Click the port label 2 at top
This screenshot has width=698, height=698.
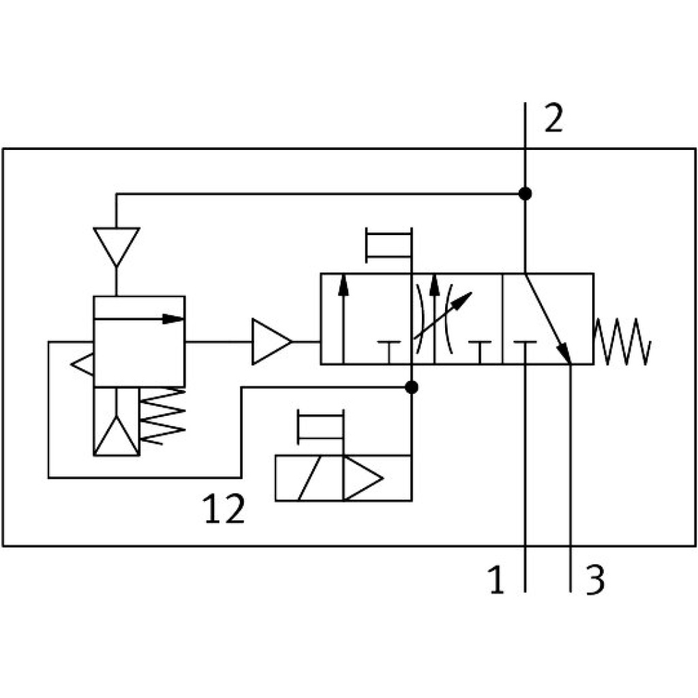(x=553, y=120)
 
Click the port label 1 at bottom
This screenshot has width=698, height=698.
(x=497, y=581)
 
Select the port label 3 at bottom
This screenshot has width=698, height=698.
(x=594, y=581)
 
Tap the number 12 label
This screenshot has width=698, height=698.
(x=224, y=509)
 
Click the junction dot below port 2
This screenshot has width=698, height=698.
(x=525, y=194)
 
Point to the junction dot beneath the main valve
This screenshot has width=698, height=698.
(x=411, y=387)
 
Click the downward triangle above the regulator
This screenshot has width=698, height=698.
(x=117, y=246)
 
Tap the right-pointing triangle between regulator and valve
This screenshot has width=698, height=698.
(x=271, y=342)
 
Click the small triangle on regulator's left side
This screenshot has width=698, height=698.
(x=82, y=364)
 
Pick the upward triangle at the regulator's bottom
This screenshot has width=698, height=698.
(x=117, y=436)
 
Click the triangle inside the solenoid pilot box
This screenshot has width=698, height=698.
(x=361, y=479)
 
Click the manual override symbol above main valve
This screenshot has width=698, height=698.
(x=389, y=245)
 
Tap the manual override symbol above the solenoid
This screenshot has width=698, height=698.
(x=320, y=427)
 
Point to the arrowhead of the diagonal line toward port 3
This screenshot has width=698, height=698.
(x=565, y=354)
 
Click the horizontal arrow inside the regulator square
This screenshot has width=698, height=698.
(x=140, y=318)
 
